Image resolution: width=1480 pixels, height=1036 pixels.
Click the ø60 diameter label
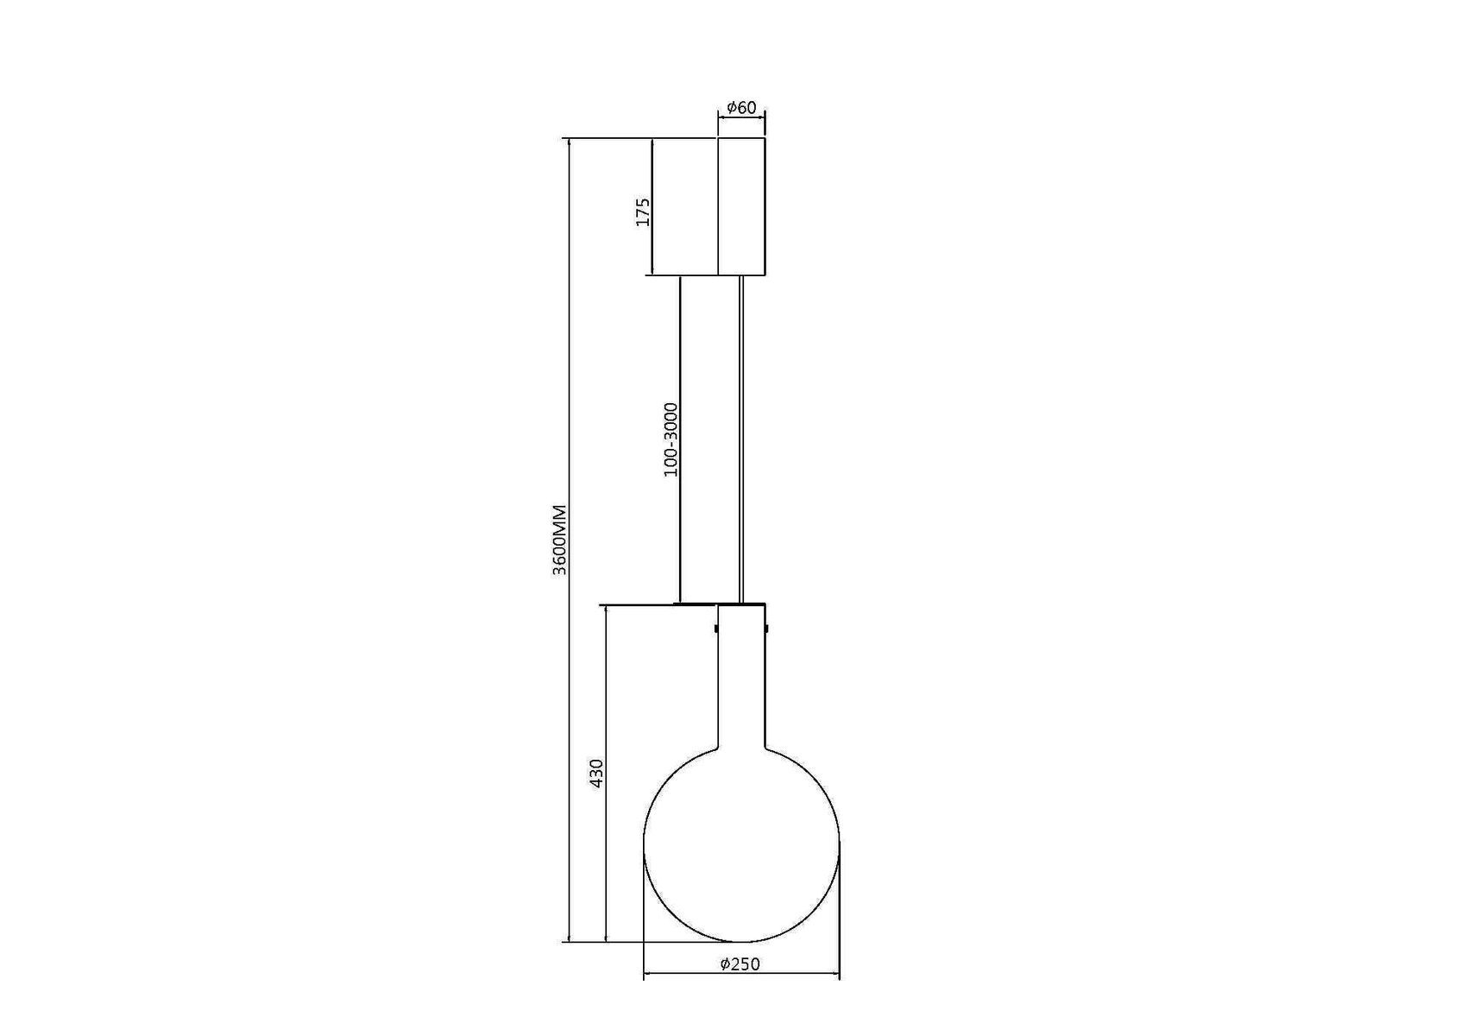[741, 108]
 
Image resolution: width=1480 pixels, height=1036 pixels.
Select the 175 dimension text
[643, 212]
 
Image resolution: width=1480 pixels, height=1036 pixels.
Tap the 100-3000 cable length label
[671, 439]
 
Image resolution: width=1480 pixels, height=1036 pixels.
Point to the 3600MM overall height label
[560, 540]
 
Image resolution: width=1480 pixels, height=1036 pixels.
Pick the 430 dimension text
[596, 774]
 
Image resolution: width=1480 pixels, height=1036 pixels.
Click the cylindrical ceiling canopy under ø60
[741, 206]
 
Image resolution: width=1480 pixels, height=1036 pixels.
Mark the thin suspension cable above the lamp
[741, 439]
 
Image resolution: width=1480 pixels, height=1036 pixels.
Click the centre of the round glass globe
[741, 843]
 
